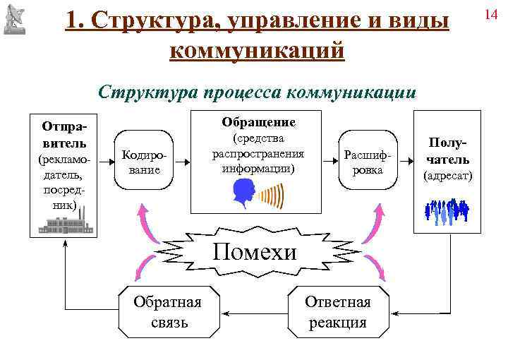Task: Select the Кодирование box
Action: point(144,161)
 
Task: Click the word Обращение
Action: point(258,122)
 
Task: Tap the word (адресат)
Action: point(447,175)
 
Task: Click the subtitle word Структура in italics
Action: point(148,92)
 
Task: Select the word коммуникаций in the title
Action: point(258,50)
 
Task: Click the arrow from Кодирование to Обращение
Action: point(182,161)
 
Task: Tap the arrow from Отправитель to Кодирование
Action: point(105,161)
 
